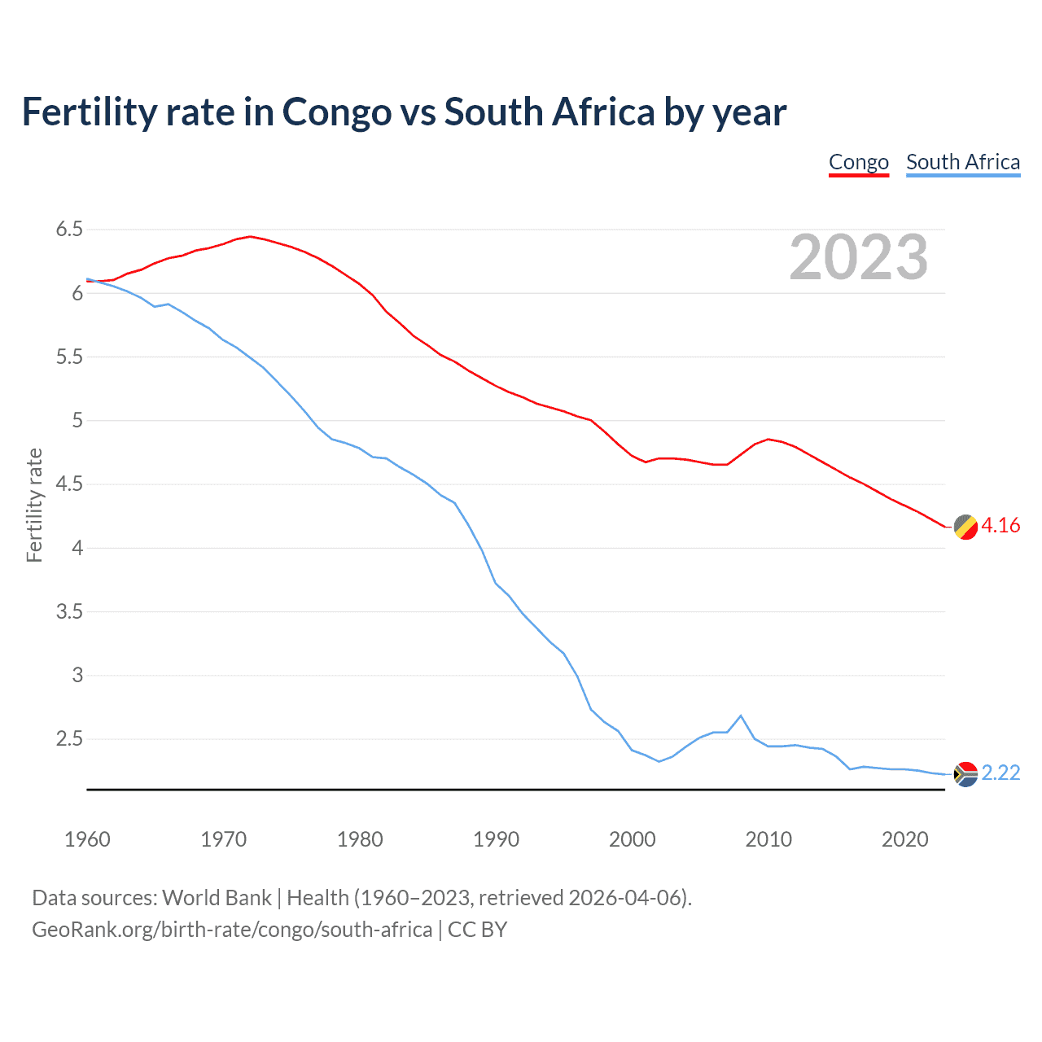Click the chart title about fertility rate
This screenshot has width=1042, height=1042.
pyautogui.click(x=404, y=112)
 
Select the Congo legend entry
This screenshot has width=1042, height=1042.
pyautogui.click(x=858, y=162)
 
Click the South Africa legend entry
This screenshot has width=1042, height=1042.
pyautogui.click(x=963, y=162)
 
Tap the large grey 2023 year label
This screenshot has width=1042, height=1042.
pyautogui.click(x=859, y=257)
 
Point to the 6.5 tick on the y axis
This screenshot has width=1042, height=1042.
pyautogui.click(x=69, y=230)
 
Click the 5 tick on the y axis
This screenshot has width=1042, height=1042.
pyautogui.click(x=77, y=421)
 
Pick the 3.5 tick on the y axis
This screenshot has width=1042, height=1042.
pyautogui.click(x=69, y=611)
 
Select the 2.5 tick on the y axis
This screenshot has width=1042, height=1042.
pyautogui.click(x=69, y=739)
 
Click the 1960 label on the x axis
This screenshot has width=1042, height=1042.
pyautogui.click(x=87, y=839)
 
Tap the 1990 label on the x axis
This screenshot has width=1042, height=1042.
pyautogui.click(x=496, y=839)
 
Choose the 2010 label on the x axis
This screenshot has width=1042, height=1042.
pyautogui.click(x=768, y=839)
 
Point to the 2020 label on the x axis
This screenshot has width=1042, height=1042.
pyautogui.click(x=904, y=839)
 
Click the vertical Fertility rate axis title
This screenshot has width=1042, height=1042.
pyautogui.click(x=34, y=505)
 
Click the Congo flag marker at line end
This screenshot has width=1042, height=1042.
pyautogui.click(x=965, y=527)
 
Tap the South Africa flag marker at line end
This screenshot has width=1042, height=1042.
pyautogui.click(x=965, y=774)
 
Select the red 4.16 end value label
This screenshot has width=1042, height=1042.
pyautogui.click(x=1000, y=526)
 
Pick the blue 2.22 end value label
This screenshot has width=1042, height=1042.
pyautogui.click(x=1000, y=773)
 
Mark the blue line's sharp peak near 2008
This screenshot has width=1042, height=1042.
pyautogui.click(x=740, y=716)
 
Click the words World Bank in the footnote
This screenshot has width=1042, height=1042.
pyautogui.click(x=217, y=898)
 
